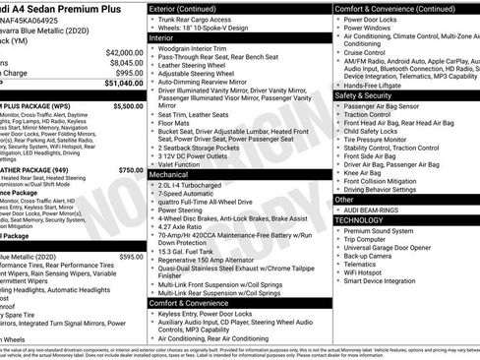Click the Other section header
345,199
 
